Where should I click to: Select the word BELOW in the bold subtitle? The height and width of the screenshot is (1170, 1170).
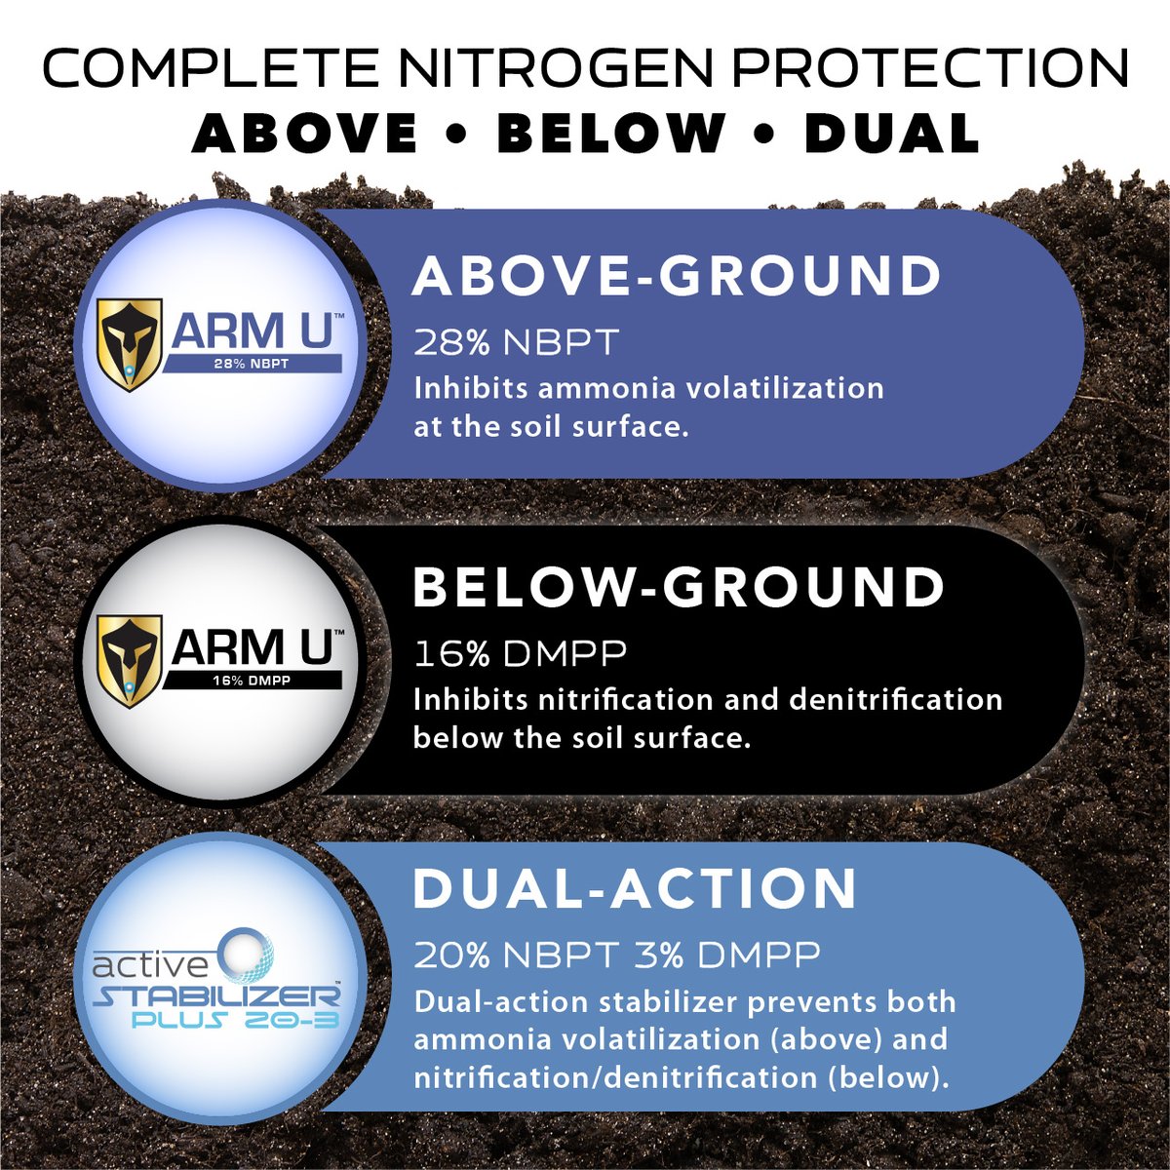(611, 134)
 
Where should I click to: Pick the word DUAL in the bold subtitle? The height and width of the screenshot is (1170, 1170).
(891, 134)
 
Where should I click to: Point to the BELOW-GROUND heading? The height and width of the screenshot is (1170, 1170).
(679, 588)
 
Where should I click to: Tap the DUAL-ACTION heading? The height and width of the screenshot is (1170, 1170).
(635, 888)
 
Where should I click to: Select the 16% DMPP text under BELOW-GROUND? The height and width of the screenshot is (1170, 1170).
(520, 653)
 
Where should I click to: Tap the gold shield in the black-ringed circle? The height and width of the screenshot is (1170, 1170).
(129, 658)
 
